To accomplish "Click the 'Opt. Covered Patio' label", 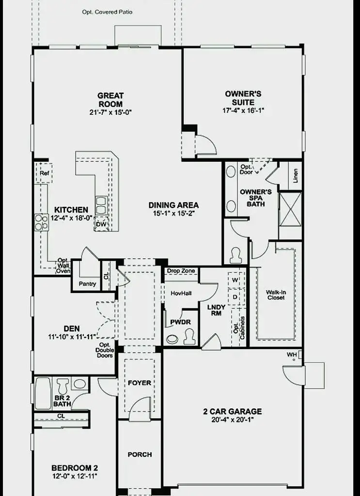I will click(107, 12).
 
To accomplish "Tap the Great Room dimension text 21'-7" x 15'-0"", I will click(110, 112).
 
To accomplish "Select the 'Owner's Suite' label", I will click(243, 98).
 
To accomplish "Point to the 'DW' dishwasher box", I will click(101, 224).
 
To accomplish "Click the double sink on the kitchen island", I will click(101, 205).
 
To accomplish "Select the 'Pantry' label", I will click(87, 284).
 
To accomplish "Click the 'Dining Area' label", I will click(173, 205).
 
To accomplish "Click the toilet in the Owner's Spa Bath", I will click(236, 255).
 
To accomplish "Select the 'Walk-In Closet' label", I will click(275, 294).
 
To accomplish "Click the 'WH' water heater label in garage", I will click(291, 355).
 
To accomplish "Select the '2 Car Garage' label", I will click(232, 411).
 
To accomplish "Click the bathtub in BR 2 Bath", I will click(43, 393).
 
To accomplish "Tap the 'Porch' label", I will click(140, 454).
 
